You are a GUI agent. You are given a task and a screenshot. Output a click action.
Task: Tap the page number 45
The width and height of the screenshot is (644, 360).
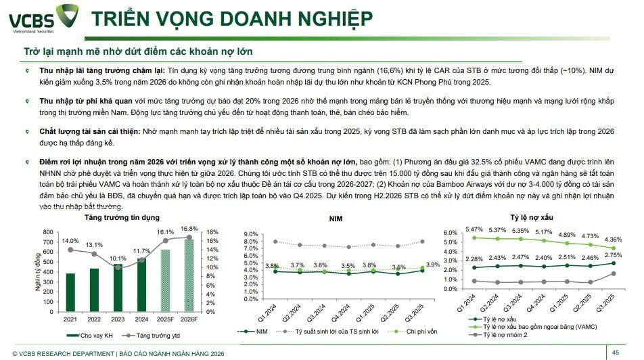pos(616,352)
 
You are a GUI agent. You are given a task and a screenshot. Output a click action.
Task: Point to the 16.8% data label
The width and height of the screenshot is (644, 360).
pos(189,229)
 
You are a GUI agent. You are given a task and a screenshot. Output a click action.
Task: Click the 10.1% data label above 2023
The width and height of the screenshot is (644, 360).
pos(118,258)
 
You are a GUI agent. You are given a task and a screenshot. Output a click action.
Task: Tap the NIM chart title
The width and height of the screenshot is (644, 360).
pos(336,220)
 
